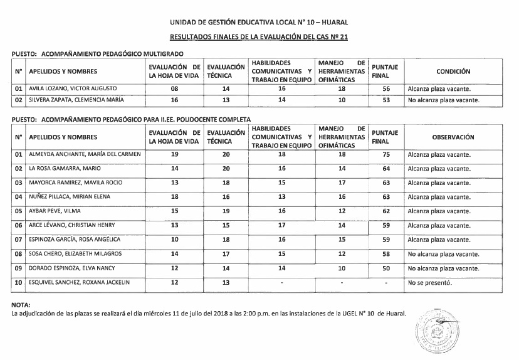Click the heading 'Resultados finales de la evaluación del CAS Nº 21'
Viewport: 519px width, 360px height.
pos(259,38)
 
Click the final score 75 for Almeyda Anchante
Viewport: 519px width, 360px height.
pos(386,154)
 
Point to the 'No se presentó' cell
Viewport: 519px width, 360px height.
pos(430,283)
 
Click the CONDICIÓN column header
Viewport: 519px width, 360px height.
pos(453,72)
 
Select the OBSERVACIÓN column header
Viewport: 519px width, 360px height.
pos(453,137)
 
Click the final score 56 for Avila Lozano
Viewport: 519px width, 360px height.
pos(386,89)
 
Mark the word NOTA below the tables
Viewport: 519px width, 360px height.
pos(21,305)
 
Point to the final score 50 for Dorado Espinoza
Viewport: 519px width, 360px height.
pos(386,268)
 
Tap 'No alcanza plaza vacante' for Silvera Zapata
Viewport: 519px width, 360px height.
pos(444,100)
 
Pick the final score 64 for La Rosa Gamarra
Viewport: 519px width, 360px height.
pos(386,169)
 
